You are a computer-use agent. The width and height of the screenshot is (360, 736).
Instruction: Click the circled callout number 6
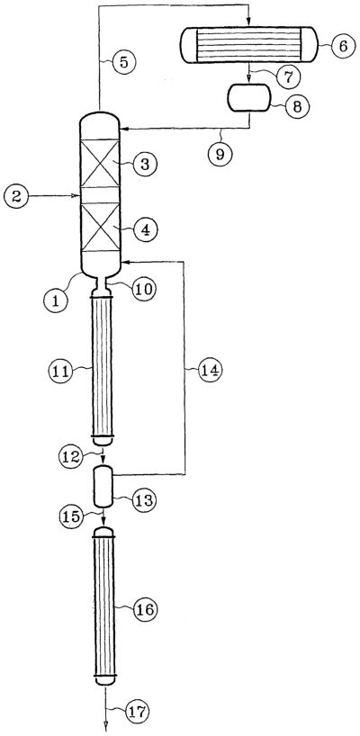(342, 47)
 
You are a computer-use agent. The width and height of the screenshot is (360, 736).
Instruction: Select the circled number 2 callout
(15, 196)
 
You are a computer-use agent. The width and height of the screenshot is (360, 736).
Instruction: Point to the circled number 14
(209, 370)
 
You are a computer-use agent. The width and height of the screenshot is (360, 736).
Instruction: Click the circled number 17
(138, 711)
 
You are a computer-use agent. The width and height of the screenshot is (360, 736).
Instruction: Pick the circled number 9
(220, 155)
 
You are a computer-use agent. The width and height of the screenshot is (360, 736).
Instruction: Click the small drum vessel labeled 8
(248, 98)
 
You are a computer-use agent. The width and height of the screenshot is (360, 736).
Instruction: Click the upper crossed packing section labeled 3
(100, 163)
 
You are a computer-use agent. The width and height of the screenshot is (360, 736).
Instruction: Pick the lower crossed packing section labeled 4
(100, 227)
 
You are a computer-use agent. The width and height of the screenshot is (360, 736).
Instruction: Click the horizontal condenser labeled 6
(248, 45)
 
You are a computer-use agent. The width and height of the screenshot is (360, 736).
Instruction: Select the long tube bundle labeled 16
(103, 606)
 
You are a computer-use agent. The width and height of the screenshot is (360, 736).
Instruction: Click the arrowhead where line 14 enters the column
(124, 259)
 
